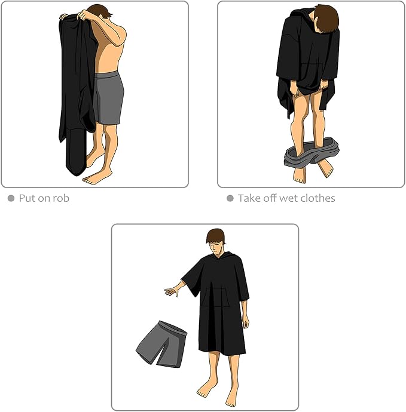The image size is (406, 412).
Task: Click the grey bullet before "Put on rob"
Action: [11, 198]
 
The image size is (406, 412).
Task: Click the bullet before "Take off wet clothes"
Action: [230, 198]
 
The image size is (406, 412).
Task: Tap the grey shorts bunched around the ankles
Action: [311, 153]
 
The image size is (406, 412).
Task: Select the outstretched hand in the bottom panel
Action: [172, 291]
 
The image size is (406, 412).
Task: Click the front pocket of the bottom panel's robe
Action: [215, 297]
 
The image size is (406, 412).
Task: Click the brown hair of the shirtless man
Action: [99, 11]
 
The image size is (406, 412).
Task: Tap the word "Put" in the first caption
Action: [27, 198]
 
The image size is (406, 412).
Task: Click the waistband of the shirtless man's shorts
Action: [107, 75]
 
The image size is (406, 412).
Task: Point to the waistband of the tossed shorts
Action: [173, 327]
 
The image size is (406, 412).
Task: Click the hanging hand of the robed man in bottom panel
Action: [246, 322]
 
